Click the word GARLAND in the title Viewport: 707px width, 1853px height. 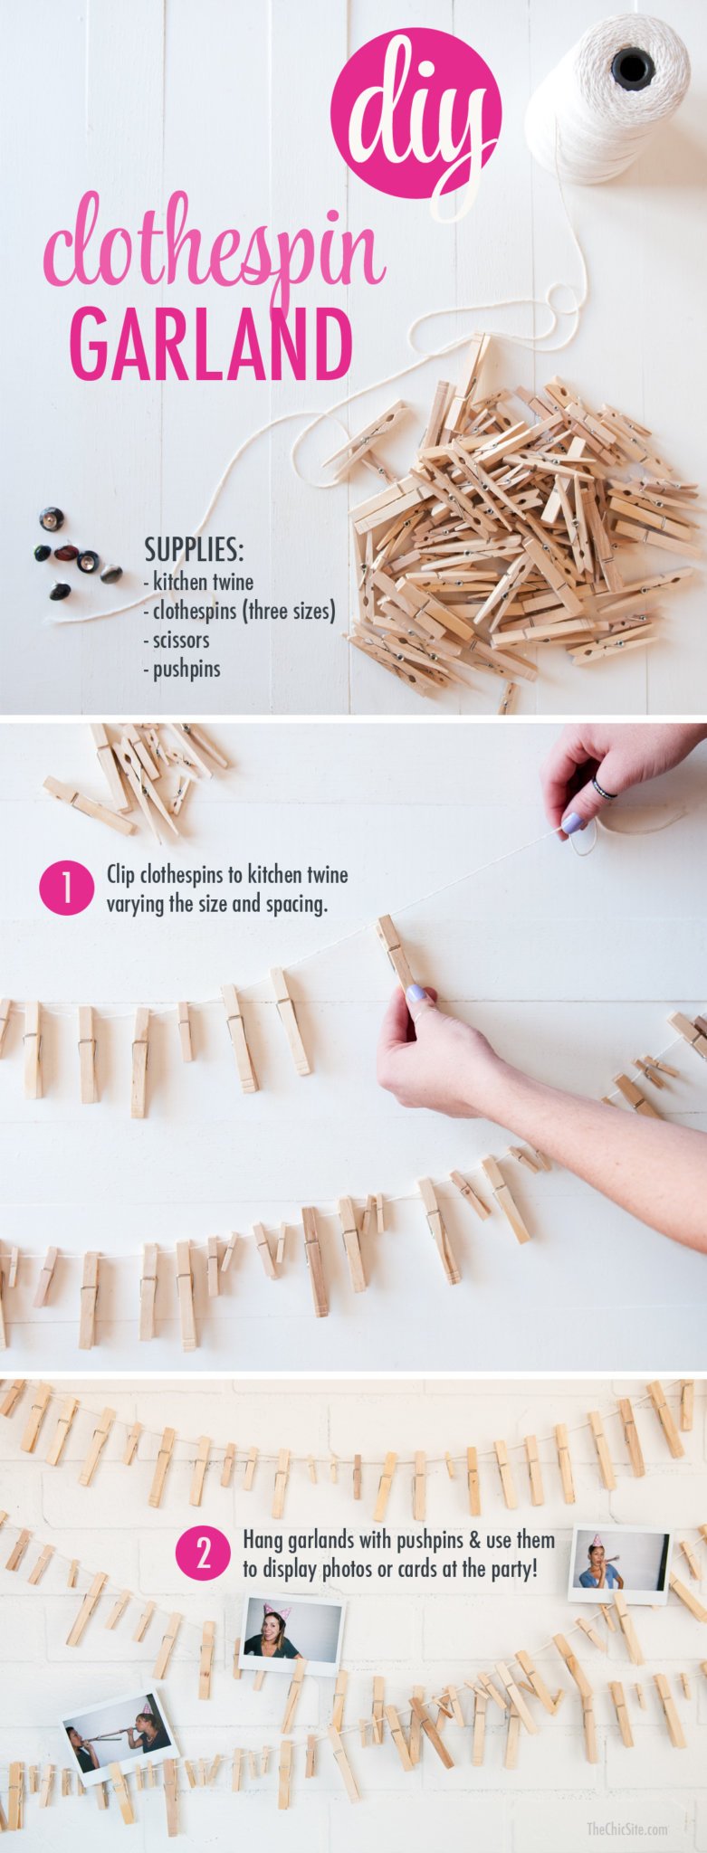tap(211, 346)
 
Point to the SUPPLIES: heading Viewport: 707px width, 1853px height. tap(194, 549)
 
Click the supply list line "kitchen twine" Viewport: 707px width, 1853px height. tap(199, 582)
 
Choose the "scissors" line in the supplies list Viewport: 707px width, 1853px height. tap(177, 640)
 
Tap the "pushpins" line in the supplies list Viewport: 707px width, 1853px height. tap(182, 670)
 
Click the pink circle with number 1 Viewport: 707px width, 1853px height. tap(66, 888)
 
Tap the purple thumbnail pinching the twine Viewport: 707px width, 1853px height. tap(572, 823)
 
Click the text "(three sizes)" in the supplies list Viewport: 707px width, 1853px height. tap(290, 611)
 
